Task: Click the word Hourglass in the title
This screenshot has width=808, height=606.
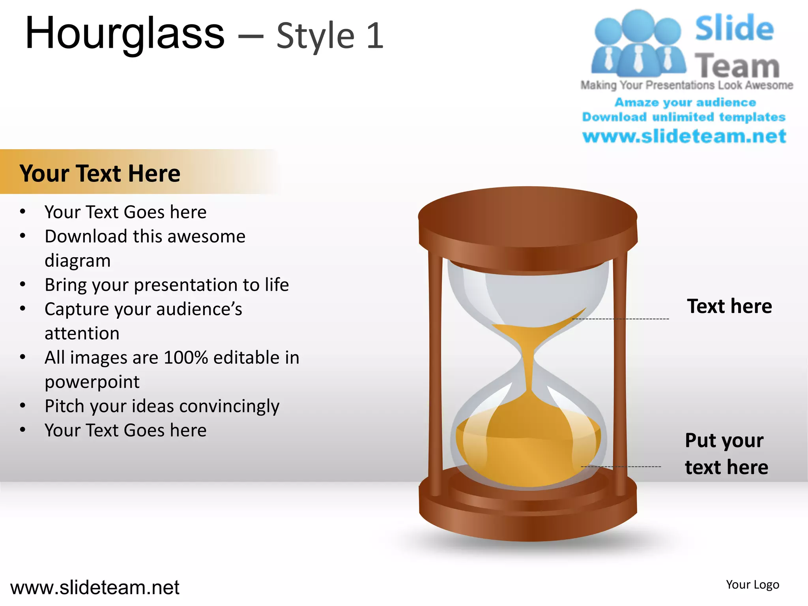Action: point(124,35)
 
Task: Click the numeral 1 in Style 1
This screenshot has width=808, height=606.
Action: point(375,36)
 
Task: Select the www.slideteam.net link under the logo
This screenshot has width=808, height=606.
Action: point(684,136)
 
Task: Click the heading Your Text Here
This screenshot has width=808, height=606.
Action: point(100,174)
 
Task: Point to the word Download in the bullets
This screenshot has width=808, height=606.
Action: point(85,237)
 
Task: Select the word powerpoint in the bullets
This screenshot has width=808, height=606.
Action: point(92,382)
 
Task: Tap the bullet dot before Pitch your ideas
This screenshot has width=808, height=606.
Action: point(23,406)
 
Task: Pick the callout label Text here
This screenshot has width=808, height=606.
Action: point(729,307)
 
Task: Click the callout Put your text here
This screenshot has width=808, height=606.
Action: point(726,454)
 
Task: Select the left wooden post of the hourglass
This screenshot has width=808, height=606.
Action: point(435,375)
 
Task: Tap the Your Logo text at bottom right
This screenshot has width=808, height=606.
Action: point(752,585)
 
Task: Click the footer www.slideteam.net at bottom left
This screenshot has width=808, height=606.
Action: point(95,588)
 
